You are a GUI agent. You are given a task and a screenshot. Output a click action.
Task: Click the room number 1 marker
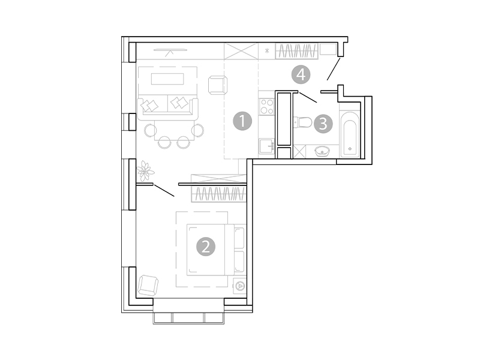tap(242, 121)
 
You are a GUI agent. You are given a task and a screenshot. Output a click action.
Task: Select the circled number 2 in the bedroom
tap(206, 246)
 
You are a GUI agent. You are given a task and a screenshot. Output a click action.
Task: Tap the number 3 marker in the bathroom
tap(323, 124)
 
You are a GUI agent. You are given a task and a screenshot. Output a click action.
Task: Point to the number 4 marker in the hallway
tap(301, 74)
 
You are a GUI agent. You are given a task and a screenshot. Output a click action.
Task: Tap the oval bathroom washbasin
tap(323, 150)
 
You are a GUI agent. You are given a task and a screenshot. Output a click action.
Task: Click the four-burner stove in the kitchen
tap(266, 107)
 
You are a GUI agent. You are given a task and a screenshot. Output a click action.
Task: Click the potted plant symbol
tap(145, 171)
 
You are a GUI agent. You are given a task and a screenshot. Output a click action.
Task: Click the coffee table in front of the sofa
tap(168, 79)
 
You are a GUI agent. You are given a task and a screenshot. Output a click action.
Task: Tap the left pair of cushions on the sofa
tap(150, 104)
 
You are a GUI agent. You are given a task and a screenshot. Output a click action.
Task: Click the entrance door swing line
tap(334, 68)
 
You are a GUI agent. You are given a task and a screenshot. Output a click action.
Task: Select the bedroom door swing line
tap(164, 190)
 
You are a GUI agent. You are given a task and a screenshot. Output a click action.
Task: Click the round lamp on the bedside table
tap(240, 286)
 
